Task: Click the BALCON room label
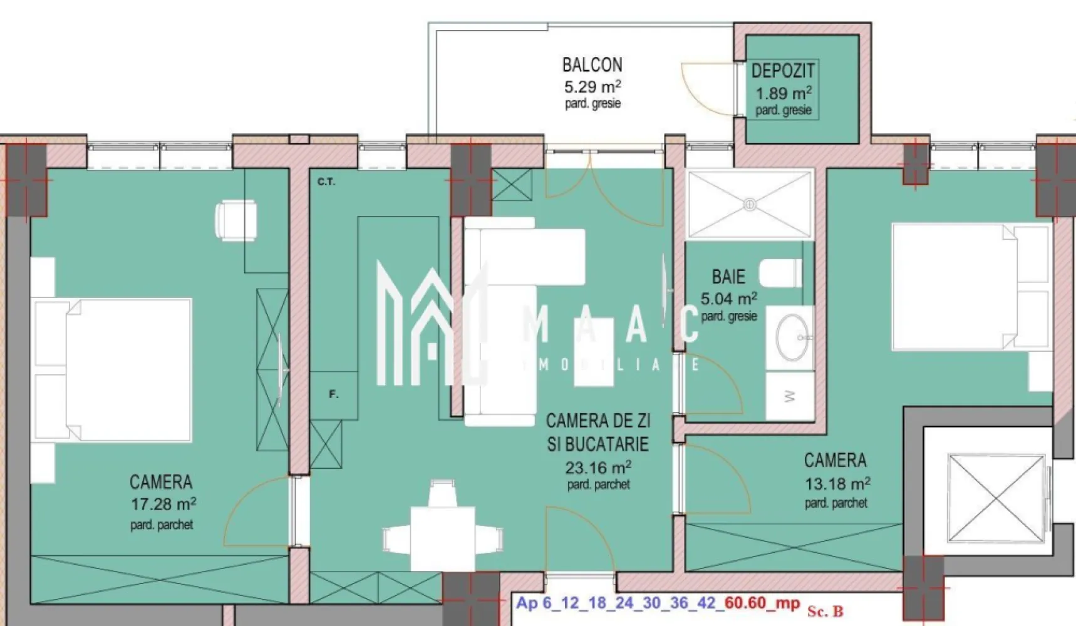pos(592,64)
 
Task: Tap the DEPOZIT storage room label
pos(782,71)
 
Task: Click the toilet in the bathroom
pos(780,274)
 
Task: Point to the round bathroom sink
pos(792,338)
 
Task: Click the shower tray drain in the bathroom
pos(750,204)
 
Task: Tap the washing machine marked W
pos(790,396)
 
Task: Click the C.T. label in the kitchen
pos(326,182)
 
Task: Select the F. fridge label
pos(334,394)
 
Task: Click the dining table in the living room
pos(442,538)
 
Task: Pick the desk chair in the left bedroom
pos(236,220)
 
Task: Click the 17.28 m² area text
pos(163,504)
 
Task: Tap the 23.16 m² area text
pos(597,468)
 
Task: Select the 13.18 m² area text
pos(837,484)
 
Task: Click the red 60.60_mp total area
pos(762,603)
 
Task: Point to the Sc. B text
pos(825,611)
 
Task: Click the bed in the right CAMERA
pos(970,286)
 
